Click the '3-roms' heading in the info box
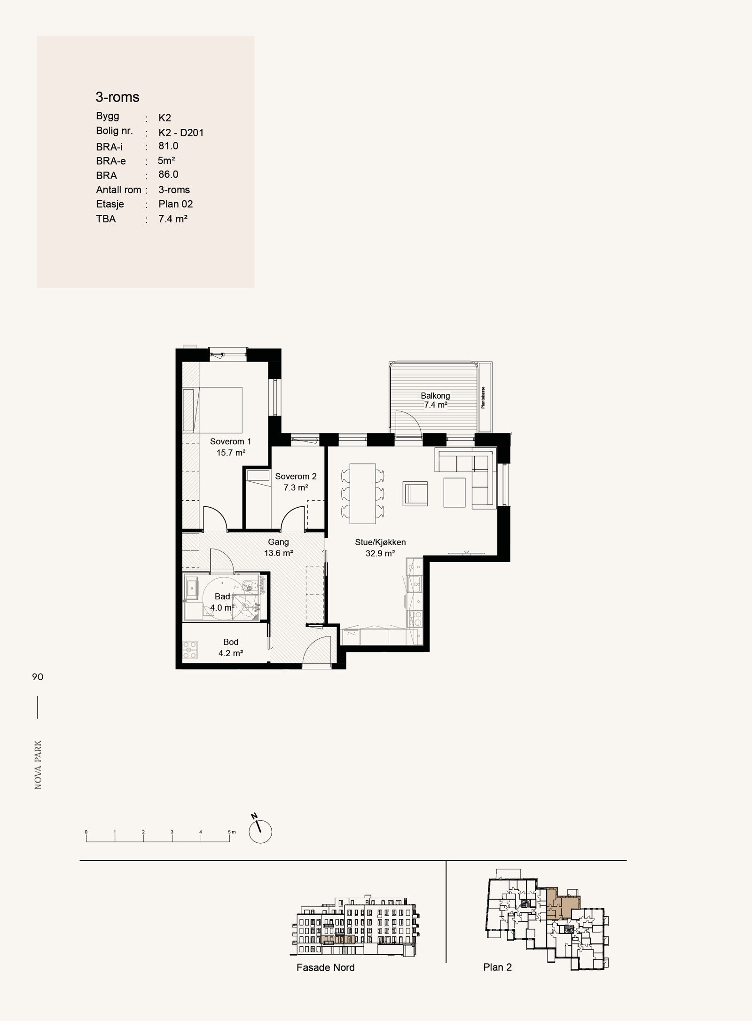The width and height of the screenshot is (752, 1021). pos(117,97)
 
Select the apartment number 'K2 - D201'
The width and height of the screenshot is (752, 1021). pos(181,133)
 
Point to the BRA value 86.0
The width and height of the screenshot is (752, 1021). pos(168,174)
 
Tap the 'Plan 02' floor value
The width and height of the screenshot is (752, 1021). pos(176,204)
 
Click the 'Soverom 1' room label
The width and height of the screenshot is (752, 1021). pos(230,441)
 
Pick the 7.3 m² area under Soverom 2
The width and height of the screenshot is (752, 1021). pos(296,487)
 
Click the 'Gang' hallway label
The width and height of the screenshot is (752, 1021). pos(278,542)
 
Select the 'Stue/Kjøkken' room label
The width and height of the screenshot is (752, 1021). pos(380,542)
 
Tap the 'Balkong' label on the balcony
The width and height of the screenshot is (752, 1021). pos(435,396)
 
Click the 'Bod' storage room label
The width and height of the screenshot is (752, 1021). pos(231,642)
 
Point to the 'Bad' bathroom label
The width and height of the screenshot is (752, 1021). pos(222,597)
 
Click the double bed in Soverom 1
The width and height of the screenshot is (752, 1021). pos(212,409)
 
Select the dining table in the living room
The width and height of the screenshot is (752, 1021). pos(363,494)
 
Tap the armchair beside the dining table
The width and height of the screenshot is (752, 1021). pos(415,494)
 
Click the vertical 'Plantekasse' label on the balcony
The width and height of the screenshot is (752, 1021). pos(483,397)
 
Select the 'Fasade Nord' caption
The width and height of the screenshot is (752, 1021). pos(325,967)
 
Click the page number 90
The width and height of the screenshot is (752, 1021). pos(38,677)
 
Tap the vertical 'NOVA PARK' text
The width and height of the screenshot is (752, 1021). pos(38,765)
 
